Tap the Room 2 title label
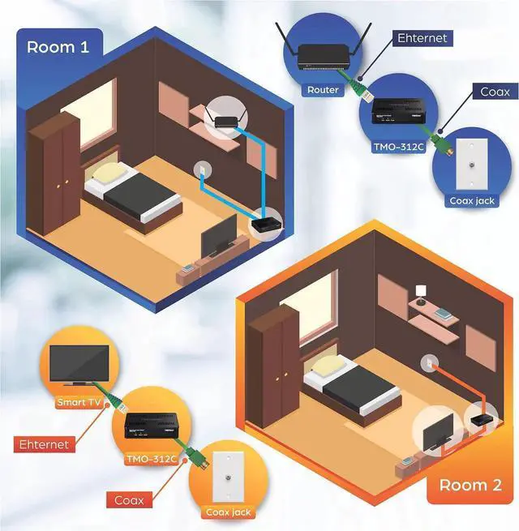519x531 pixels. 470,485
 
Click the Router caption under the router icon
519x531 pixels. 322,90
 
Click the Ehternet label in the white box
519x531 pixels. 422,38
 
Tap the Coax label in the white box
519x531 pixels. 495,92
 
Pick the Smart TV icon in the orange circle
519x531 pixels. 79,365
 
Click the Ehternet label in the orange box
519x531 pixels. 45,444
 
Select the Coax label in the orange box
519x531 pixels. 128,500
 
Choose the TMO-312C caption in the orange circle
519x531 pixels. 151,458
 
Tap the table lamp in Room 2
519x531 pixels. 420,291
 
